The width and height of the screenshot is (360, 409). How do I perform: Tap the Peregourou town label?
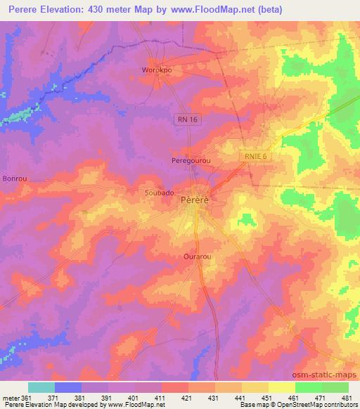192,161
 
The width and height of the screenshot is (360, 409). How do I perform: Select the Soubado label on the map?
160,190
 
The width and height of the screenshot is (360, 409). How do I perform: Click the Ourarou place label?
198,257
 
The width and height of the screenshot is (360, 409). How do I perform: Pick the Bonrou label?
15,178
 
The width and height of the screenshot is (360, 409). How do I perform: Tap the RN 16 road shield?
186,120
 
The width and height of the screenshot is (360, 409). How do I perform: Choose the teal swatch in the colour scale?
41,387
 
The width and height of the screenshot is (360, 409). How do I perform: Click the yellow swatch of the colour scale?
282,387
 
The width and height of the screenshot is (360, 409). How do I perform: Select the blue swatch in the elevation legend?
68,387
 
